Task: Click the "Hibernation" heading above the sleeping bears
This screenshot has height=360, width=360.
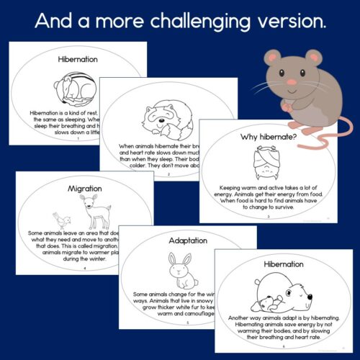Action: [x=284, y=264]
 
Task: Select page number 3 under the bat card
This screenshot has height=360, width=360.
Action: [x=269, y=216]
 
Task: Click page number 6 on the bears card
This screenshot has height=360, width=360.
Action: [x=284, y=346]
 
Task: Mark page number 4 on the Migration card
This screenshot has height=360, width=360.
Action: [x=84, y=268]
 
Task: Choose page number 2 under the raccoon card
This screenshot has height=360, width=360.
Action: [x=168, y=174]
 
